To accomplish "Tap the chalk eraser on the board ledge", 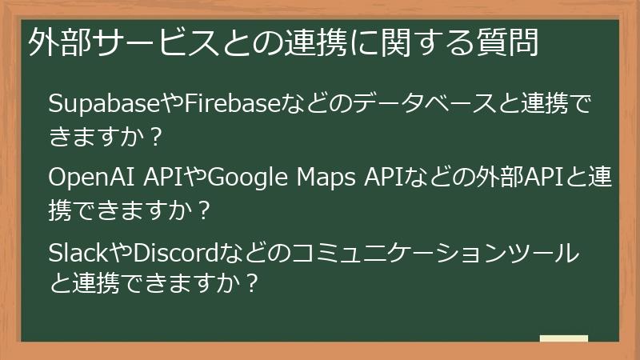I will pyautogui.click(x=564, y=340).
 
